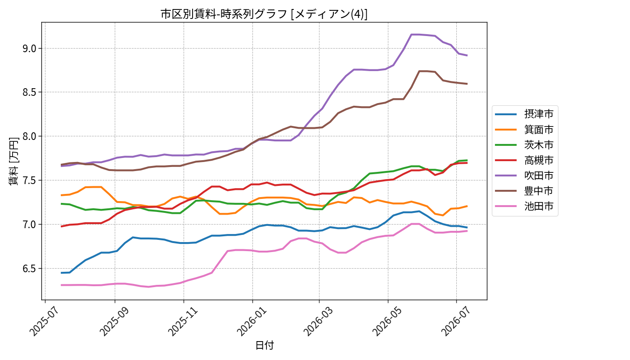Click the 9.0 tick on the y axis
(30, 49)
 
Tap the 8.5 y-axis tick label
(30, 92)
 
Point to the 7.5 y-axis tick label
(30, 180)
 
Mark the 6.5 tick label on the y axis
(30, 269)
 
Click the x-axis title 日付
(265, 345)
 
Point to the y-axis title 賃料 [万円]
(13, 161)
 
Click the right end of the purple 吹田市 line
(467, 55)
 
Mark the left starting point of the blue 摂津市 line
(61, 273)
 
